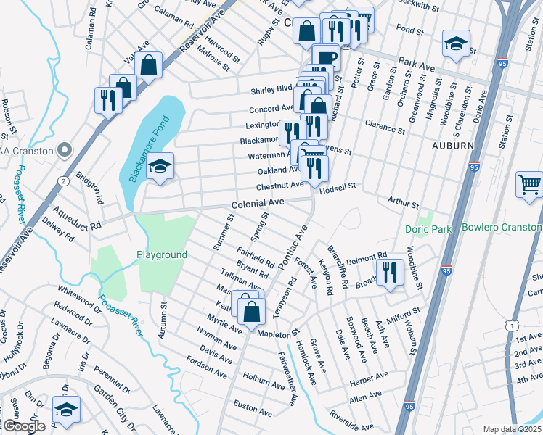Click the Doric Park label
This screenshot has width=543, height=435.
click(428, 229)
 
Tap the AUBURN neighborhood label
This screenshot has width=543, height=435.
click(453, 146)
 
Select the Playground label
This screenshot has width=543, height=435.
click(162, 254)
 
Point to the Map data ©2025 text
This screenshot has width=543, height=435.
click(511, 429)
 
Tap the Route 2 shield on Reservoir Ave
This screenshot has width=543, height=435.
click(64, 180)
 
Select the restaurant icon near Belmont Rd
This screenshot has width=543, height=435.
click(390, 273)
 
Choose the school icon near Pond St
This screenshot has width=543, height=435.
click(456, 44)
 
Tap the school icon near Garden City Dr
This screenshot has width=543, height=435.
click(66, 410)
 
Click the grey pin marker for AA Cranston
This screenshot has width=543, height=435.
click(65, 151)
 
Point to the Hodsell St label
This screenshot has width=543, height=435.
click(338, 186)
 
